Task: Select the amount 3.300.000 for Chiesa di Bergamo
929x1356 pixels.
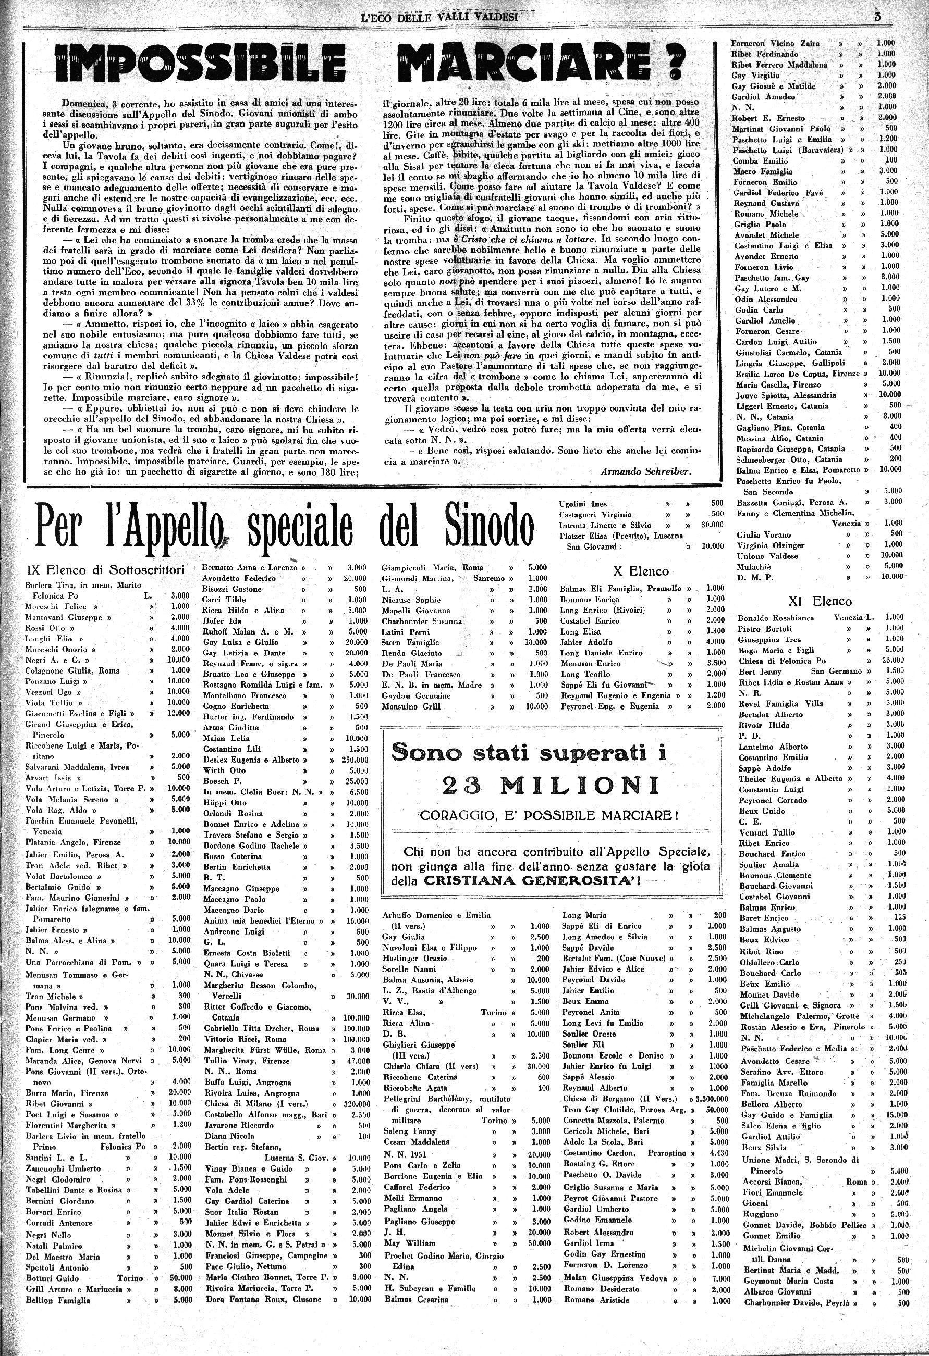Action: tap(708, 1099)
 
